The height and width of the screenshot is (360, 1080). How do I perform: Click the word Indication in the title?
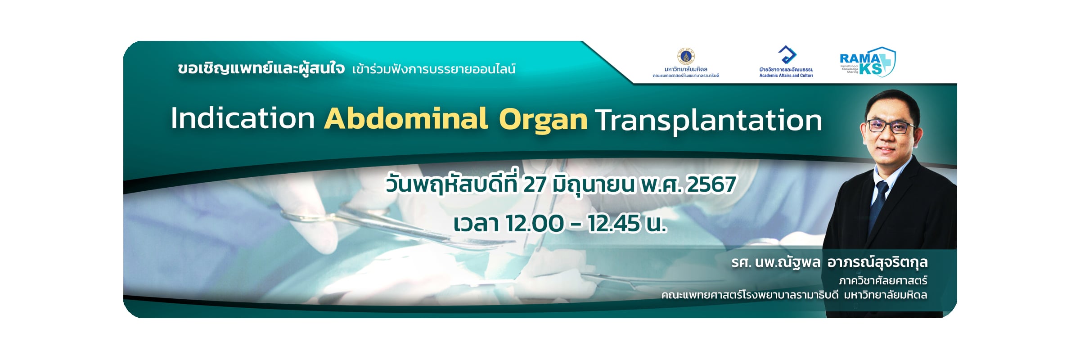pyautogui.click(x=243, y=119)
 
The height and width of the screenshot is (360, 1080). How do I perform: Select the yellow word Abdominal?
pyautogui.click(x=405, y=118)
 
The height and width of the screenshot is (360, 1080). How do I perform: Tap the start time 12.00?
pyautogui.click(x=535, y=223)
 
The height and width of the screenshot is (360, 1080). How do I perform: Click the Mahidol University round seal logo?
pyautogui.click(x=686, y=57)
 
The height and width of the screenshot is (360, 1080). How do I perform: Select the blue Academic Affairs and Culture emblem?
pyautogui.click(x=787, y=55)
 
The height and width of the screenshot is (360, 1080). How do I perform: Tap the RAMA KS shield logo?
pyautogui.click(x=868, y=62)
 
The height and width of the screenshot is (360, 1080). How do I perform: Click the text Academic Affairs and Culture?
pyautogui.click(x=786, y=76)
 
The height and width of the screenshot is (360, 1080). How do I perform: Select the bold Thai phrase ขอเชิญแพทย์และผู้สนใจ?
pyautogui.click(x=261, y=68)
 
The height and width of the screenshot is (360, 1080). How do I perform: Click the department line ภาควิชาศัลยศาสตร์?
pyautogui.click(x=883, y=281)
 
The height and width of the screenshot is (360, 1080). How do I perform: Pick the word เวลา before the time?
pyautogui.click(x=476, y=224)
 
